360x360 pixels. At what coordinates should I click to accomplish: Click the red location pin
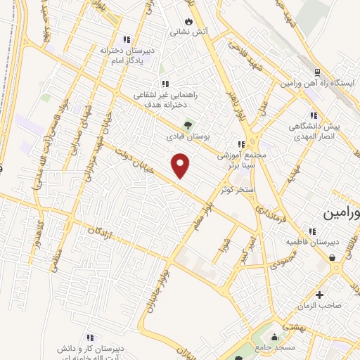pyautogui.click(x=181, y=165)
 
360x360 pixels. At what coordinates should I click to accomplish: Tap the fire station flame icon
pyautogui.click(x=187, y=21)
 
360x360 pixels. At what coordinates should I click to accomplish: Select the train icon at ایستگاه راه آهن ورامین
pyautogui.click(x=316, y=72)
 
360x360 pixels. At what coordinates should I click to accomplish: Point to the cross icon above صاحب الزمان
pyautogui.click(x=320, y=295)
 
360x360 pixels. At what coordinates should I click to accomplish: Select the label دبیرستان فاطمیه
pyautogui.click(x=312, y=242)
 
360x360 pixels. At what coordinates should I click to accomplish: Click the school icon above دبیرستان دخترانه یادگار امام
pyautogui.click(x=127, y=39)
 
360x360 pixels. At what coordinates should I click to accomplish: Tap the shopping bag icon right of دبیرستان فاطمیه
pyautogui.click(x=332, y=257)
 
